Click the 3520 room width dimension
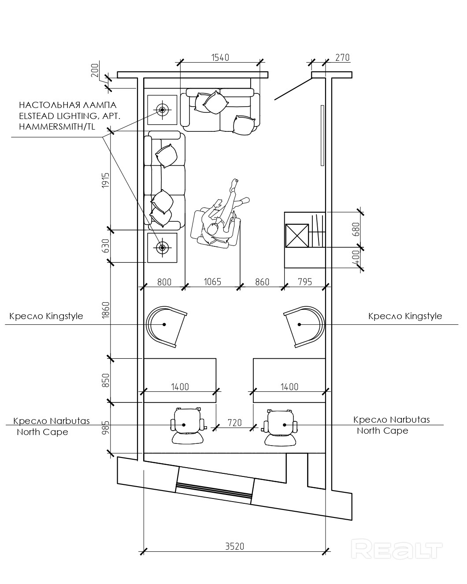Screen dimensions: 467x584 [235, 546]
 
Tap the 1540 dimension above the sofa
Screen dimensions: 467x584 [220, 58]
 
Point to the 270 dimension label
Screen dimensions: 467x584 [342, 58]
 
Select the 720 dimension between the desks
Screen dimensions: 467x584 [235, 423]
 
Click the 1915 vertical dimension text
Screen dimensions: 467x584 [106, 180]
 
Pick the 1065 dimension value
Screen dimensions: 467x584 [212, 282]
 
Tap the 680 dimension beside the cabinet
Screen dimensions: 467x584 [356, 229]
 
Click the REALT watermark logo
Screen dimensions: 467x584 [397, 550]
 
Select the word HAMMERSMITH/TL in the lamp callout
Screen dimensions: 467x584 [57, 127]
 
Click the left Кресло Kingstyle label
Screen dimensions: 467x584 [46, 316]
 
